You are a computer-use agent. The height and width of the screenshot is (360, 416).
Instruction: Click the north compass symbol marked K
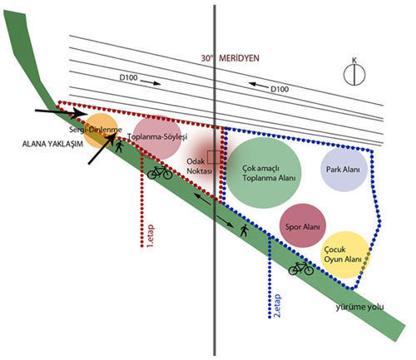click(x=354, y=72)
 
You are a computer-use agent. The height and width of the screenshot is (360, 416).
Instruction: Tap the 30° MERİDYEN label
click(x=230, y=58)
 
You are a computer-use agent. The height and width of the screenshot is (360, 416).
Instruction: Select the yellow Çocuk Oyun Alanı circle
click(x=345, y=254)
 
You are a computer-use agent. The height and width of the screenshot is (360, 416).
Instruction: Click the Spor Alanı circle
click(x=303, y=225)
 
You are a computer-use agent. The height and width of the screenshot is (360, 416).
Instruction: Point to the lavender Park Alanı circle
click(x=344, y=170)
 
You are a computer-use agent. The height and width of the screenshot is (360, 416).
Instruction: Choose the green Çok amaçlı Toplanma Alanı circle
click(x=264, y=173)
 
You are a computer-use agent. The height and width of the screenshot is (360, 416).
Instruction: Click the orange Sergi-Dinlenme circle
click(x=101, y=131)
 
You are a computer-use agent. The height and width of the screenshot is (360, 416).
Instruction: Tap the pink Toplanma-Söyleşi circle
click(x=157, y=138)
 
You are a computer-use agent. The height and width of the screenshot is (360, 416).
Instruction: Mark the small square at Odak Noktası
click(x=214, y=157)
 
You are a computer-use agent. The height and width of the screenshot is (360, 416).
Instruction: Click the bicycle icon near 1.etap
click(x=160, y=172)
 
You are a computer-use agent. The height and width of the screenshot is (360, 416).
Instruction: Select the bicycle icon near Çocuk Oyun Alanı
click(x=301, y=268)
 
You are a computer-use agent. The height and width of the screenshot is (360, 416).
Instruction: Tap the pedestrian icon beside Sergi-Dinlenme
click(x=119, y=146)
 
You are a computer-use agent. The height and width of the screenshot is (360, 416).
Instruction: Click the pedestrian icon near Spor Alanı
click(x=244, y=230)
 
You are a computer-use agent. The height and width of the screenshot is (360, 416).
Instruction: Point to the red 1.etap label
click(x=150, y=237)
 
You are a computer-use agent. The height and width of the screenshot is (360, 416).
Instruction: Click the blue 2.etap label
click(x=277, y=306)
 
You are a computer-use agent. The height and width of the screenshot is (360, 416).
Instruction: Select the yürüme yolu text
click(x=359, y=307)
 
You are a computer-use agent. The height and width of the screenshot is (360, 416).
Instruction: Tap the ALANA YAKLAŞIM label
click(x=52, y=144)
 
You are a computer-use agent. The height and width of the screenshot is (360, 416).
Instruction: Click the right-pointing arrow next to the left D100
click(x=151, y=82)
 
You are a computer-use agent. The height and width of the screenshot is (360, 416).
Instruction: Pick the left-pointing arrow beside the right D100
click(x=259, y=85)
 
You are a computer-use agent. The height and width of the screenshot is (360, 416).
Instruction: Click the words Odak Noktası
click(x=199, y=166)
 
